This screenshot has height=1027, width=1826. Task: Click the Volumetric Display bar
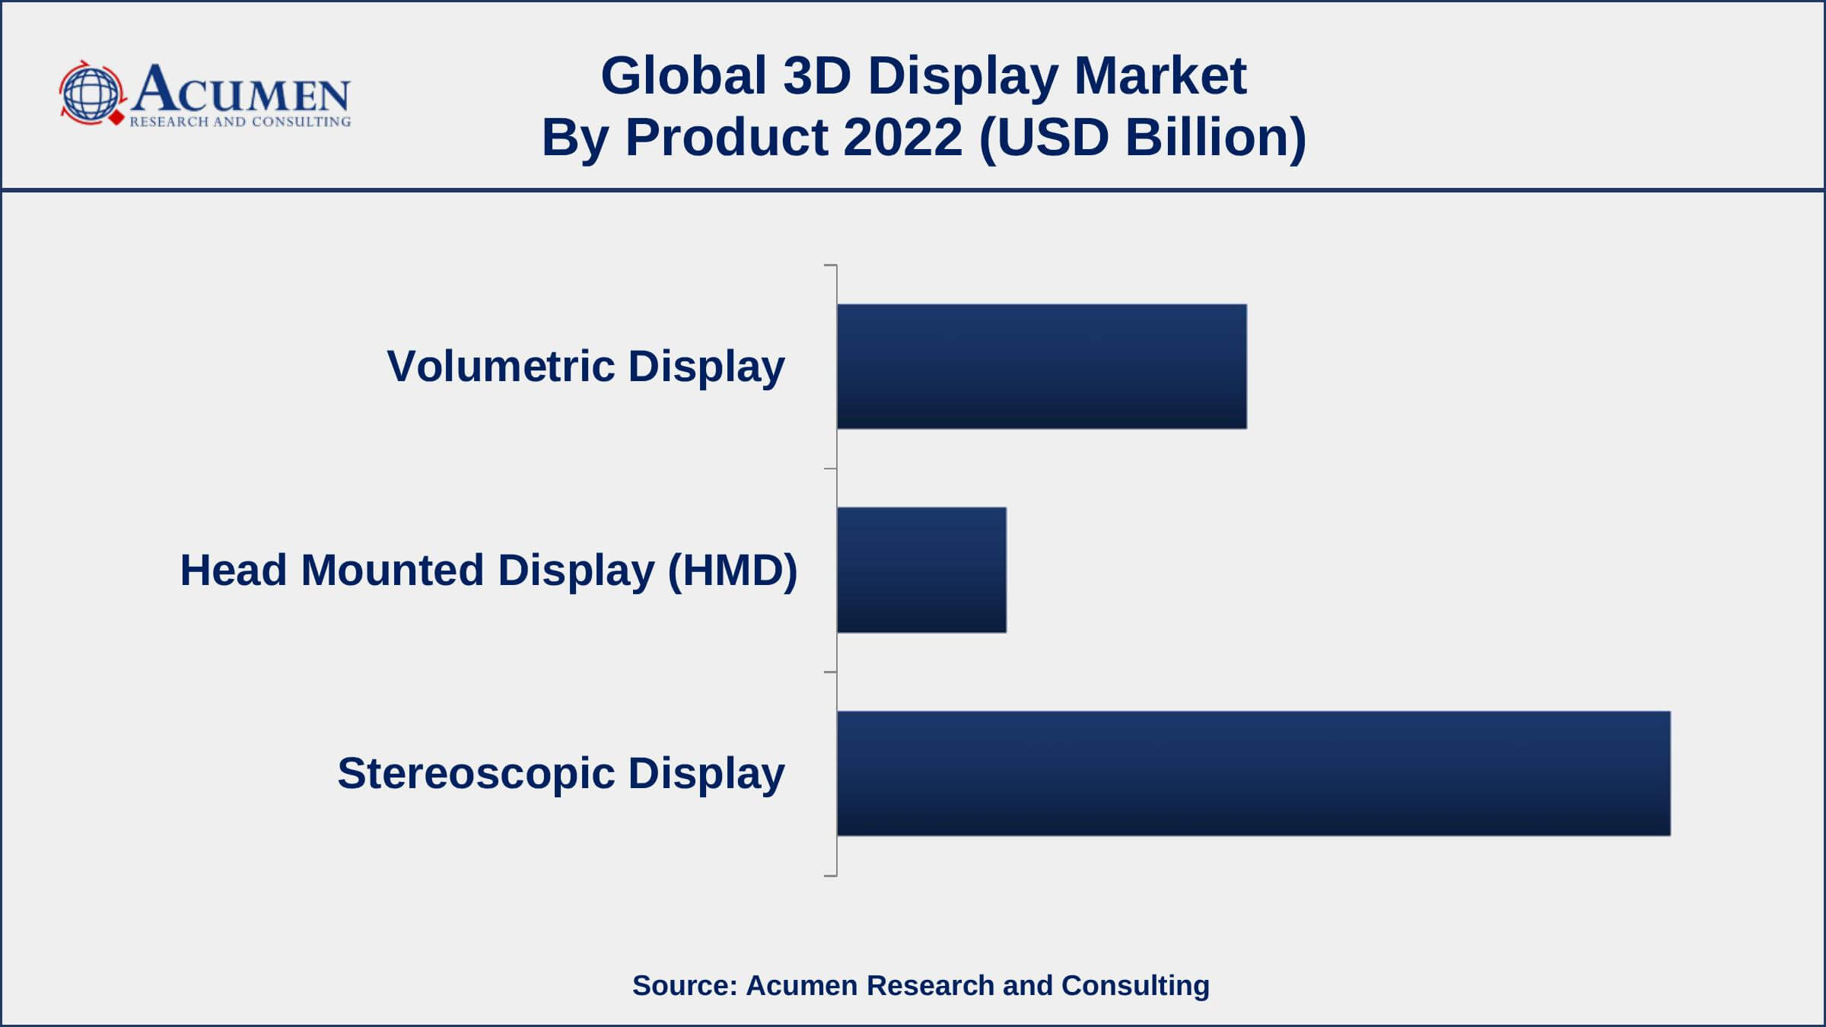(x=1042, y=366)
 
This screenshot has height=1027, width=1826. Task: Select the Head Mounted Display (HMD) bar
(x=921, y=570)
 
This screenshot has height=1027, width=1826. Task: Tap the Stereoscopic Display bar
(x=1253, y=773)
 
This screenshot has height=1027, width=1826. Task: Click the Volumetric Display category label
(x=586, y=366)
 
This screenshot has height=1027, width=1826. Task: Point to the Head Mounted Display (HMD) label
(x=488, y=570)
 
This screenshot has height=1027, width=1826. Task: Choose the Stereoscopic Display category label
(x=561, y=773)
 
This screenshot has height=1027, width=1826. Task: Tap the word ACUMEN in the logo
(x=240, y=90)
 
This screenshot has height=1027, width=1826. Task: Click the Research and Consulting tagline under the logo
(x=240, y=122)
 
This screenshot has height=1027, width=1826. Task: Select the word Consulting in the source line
(x=1135, y=985)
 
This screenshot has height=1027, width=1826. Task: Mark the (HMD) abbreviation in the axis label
(x=732, y=570)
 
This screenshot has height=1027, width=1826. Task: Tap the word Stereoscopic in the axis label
(x=476, y=773)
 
